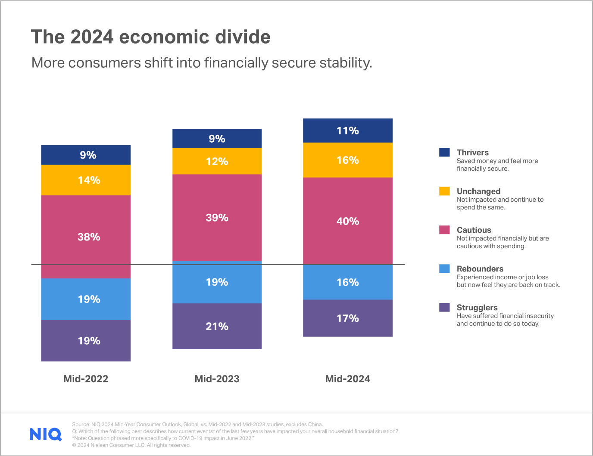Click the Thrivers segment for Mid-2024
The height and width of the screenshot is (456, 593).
coord(348,131)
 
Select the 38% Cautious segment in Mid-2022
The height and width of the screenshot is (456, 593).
coord(86,237)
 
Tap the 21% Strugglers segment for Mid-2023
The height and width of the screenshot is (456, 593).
coord(217,326)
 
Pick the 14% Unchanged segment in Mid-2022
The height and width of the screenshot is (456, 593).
coord(86,180)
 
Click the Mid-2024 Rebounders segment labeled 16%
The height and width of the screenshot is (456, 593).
coord(348,282)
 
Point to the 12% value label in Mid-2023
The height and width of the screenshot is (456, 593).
coord(217,162)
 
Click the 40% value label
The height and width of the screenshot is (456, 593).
coord(348,221)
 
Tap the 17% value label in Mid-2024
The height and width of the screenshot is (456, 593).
coord(348,319)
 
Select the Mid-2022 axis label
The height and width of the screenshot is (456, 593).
coord(86,379)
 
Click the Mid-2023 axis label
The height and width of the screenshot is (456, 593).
coord(217,379)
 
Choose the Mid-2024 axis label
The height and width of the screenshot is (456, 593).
coord(347,379)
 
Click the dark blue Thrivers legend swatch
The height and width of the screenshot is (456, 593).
coord(444,153)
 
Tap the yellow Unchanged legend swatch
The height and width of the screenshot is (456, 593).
coord(444,191)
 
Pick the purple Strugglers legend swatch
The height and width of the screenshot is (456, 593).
coord(444,307)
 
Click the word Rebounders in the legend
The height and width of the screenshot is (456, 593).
coord(480,269)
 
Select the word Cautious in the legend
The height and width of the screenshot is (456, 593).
coord(474,230)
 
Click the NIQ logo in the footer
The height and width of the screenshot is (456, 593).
coord(46,434)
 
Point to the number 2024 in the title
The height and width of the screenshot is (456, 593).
coord(92,37)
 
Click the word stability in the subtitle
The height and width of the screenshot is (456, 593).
coord(345,63)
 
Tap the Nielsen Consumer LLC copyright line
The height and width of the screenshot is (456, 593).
coord(131,445)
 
